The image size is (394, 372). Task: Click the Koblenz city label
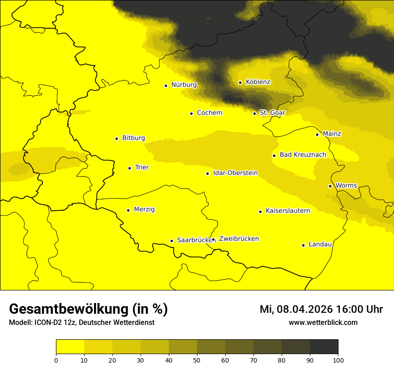[x=258, y=82]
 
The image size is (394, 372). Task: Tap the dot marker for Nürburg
[x=166, y=85]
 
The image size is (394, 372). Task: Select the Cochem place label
[x=209, y=113]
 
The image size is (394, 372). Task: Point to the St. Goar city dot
[x=254, y=113]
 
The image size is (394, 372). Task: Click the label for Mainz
[x=332, y=134]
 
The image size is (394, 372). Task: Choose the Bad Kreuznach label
[x=303, y=155]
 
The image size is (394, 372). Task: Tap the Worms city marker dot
[x=330, y=186]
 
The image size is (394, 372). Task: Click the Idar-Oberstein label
[x=235, y=173]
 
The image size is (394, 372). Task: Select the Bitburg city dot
[x=116, y=138]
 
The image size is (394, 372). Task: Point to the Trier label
[x=142, y=167]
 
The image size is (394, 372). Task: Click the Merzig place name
[x=144, y=209]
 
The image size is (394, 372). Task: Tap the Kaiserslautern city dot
[x=260, y=212]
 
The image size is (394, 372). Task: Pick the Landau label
[x=320, y=244]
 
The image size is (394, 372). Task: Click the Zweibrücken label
[x=239, y=239]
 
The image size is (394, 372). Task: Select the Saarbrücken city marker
[x=171, y=241]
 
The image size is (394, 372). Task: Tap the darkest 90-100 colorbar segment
[x=324, y=347]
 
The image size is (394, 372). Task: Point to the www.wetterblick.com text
[x=323, y=323]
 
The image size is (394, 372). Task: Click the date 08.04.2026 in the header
[x=304, y=309]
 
